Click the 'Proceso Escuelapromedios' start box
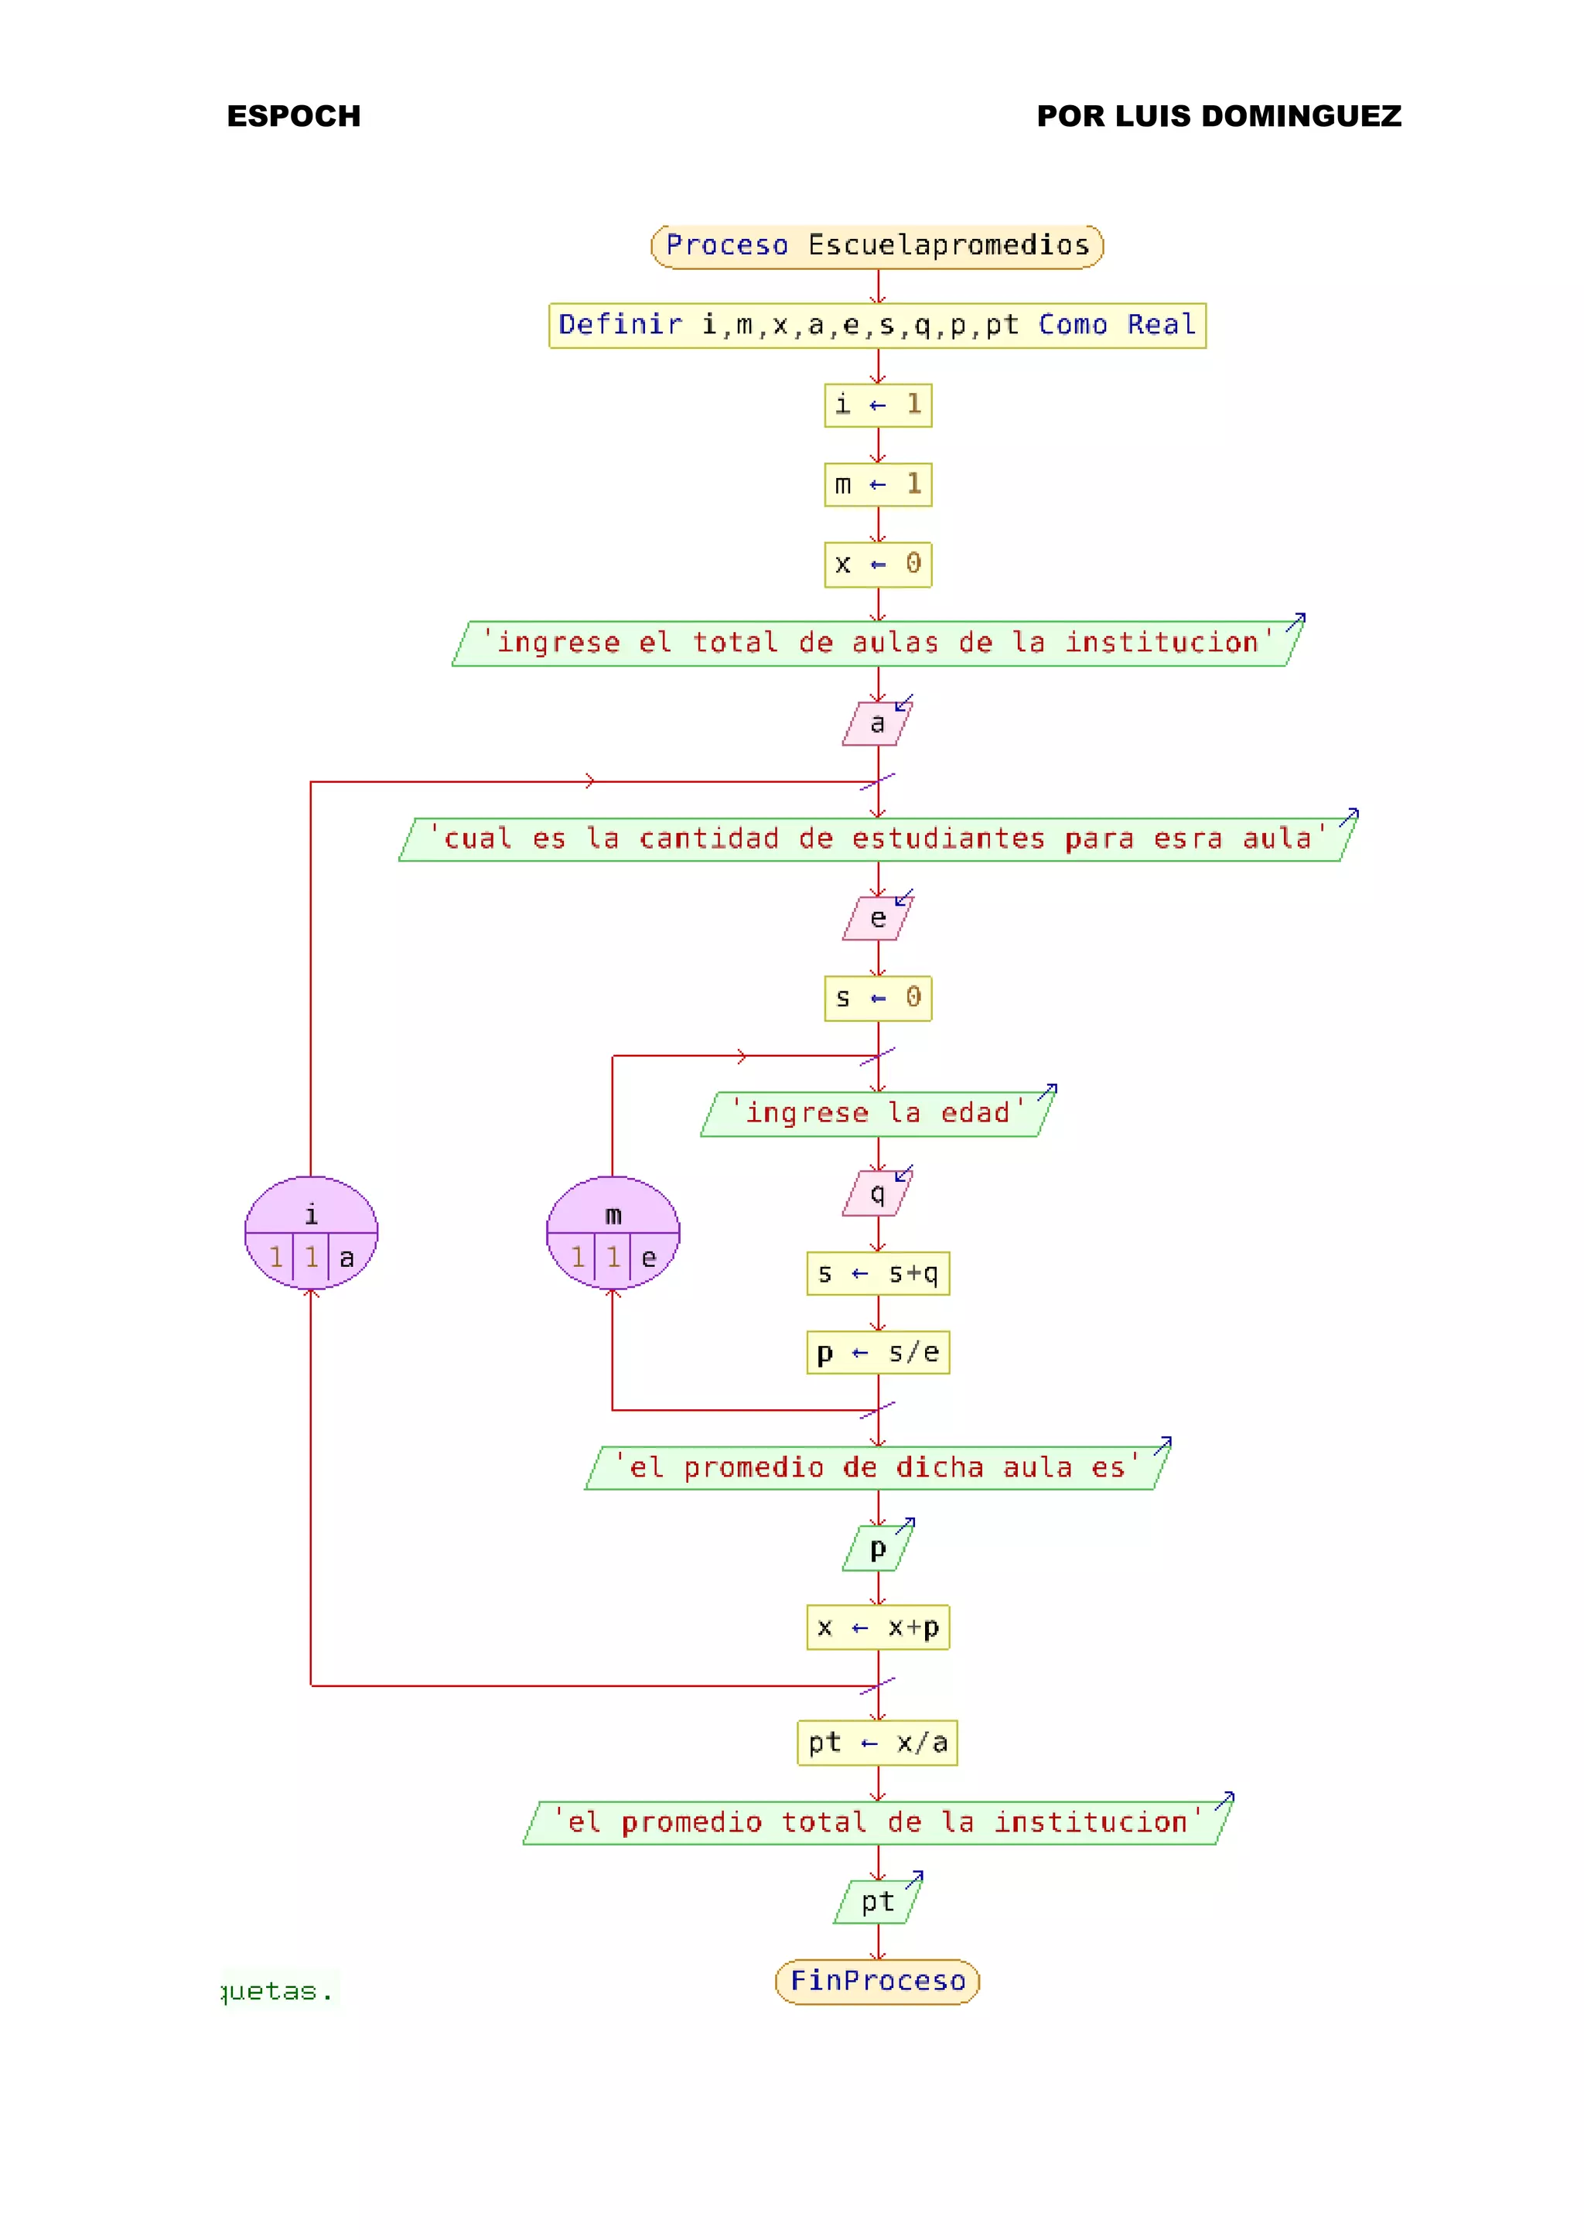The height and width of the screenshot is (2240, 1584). (x=877, y=246)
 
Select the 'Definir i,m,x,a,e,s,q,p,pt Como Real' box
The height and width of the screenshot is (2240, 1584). (x=877, y=326)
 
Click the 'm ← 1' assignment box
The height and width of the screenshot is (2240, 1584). (x=878, y=485)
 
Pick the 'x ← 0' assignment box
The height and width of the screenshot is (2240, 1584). (x=878, y=565)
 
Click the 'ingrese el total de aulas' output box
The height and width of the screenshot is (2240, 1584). (x=878, y=644)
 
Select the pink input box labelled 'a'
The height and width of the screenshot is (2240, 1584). (x=877, y=724)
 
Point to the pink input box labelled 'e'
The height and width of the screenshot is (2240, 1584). (x=877, y=919)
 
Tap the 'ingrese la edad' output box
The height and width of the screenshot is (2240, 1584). (x=878, y=1114)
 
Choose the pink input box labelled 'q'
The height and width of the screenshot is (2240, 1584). (x=877, y=1194)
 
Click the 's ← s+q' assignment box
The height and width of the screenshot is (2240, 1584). (x=878, y=1274)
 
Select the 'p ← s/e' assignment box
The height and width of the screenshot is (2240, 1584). (x=878, y=1353)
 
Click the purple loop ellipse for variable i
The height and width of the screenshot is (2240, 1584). (x=311, y=1233)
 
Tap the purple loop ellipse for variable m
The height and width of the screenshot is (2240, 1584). (x=613, y=1233)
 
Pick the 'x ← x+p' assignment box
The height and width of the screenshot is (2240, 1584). (x=878, y=1628)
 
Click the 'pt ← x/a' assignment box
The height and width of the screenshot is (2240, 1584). (x=878, y=1743)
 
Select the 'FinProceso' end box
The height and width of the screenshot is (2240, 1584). (x=878, y=1982)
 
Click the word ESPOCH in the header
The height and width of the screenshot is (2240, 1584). (x=294, y=116)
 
